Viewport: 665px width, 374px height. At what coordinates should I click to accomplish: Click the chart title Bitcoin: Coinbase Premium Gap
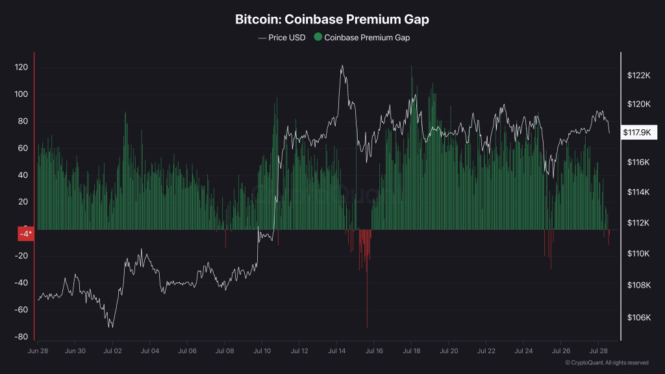[x=332, y=19]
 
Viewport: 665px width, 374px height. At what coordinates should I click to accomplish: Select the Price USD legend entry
[x=281, y=38]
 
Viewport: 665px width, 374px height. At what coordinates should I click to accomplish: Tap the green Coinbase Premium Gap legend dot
[x=318, y=38]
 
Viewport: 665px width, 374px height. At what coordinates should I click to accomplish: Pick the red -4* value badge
[x=25, y=234]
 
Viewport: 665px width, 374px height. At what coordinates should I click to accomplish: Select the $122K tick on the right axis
[x=638, y=75]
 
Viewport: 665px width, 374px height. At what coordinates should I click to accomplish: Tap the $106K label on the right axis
[x=638, y=318]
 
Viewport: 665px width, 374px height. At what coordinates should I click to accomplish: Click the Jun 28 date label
[x=38, y=351]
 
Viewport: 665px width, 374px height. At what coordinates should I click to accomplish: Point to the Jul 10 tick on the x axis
[x=262, y=351]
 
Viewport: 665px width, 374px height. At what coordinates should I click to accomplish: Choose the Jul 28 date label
[x=598, y=351]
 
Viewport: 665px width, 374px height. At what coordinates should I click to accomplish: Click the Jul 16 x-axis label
[x=374, y=351]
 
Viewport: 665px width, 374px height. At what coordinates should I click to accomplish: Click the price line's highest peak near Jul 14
[x=342, y=66]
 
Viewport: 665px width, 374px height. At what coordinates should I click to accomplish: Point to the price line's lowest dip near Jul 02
[x=112, y=327]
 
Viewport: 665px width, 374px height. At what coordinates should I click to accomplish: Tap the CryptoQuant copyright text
[x=607, y=362]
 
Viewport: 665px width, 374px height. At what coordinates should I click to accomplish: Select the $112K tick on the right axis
[x=638, y=223]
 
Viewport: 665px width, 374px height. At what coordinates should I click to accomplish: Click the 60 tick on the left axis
[x=22, y=148]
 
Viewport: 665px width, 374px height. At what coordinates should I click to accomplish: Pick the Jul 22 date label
[x=486, y=351]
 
